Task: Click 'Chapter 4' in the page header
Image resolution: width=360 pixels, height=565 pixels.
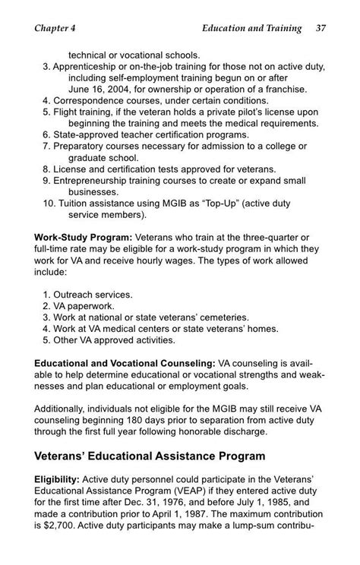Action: point(59,29)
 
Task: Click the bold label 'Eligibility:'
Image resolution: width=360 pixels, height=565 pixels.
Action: point(59,481)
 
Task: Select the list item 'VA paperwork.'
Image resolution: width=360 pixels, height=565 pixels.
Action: point(88,305)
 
